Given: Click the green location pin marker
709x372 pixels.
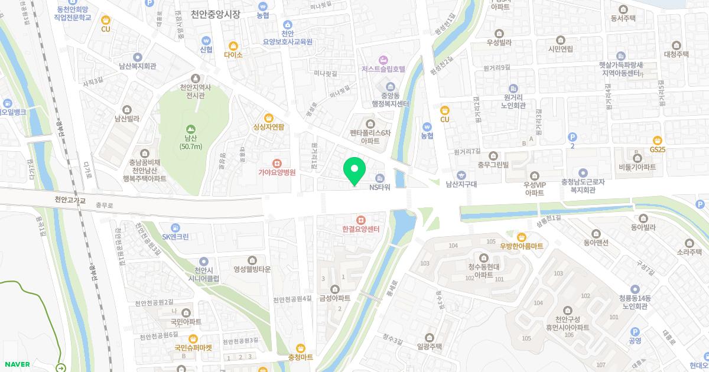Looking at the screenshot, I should coord(354,170).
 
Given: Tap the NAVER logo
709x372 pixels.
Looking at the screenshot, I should coord(16,364).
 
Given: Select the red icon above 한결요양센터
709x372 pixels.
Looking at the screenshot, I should coord(360,220).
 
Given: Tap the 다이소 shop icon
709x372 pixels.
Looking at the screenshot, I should coord(233,45).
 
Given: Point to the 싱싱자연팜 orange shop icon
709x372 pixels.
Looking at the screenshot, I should coord(269,117).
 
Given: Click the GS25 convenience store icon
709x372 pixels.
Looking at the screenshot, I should coord(658,140).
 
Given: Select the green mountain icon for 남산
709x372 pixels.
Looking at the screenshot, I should coord(190,129).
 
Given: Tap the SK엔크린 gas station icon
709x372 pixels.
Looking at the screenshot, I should coord(175,227).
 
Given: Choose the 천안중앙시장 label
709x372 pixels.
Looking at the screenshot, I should coord(216,14).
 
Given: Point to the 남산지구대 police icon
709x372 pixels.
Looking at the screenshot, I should coord(461,175).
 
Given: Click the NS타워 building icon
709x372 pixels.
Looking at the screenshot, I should coord(380,178).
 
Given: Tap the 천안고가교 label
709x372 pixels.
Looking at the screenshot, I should coord(70,200).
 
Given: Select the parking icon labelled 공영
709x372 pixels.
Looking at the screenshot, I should coord(635,331).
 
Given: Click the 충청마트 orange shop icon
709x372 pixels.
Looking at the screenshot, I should coord(301,348).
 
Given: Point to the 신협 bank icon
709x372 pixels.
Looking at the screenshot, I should coord(206,40).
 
